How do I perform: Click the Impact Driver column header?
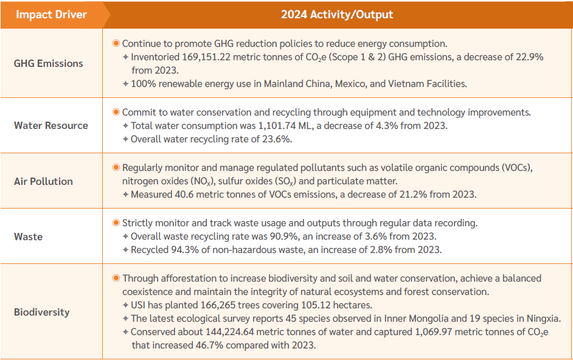click(x=51, y=15)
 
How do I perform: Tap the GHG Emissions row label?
click(x=49, y=63)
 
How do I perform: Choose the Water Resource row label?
click(x=51, y=125)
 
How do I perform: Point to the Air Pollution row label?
click(x=43, y=181)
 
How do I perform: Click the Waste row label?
click(x=28, y=237)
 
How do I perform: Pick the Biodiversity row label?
click(x=42, y=312)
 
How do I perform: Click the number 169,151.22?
click(x=209, y=57)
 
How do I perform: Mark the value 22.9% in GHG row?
click(x=529, y=57)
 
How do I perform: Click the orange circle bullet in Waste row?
click(x=116, y=223)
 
